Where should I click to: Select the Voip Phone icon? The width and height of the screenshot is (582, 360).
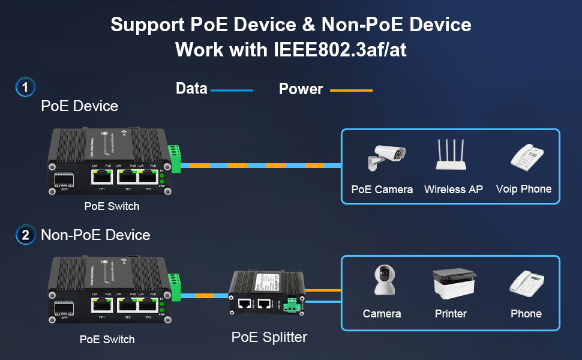coord(527,157)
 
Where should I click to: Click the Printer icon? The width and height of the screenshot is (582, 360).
coord(454,285)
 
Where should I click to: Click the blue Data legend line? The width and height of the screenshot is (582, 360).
coord(232,91)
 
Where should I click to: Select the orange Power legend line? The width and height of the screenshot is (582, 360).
coord(351,91)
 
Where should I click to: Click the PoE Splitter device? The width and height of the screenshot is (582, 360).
coord(266,292)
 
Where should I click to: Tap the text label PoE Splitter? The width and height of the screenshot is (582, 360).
coord(269,337)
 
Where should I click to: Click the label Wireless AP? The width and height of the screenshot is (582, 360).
coord(453,190)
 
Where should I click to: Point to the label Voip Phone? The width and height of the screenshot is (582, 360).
coord(523,189)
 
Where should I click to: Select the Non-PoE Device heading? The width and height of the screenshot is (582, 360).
coord(95,235)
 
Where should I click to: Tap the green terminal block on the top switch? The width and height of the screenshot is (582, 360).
coord(174,158)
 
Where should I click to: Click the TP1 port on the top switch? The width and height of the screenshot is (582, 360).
coord(102,176)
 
